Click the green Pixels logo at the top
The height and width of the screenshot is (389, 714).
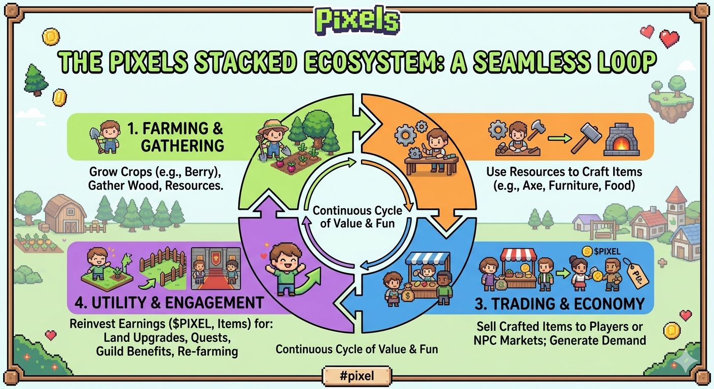(x=357, y=21)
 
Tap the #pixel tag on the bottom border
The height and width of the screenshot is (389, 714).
(x=356, y=375)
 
